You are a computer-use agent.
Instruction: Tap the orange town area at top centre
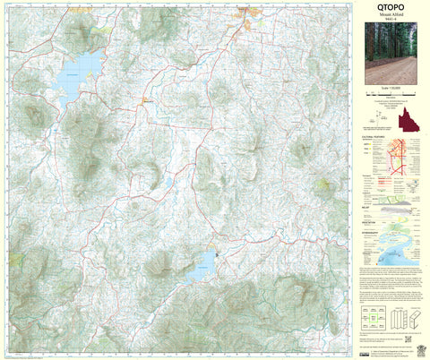click(x=243, y=13)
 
